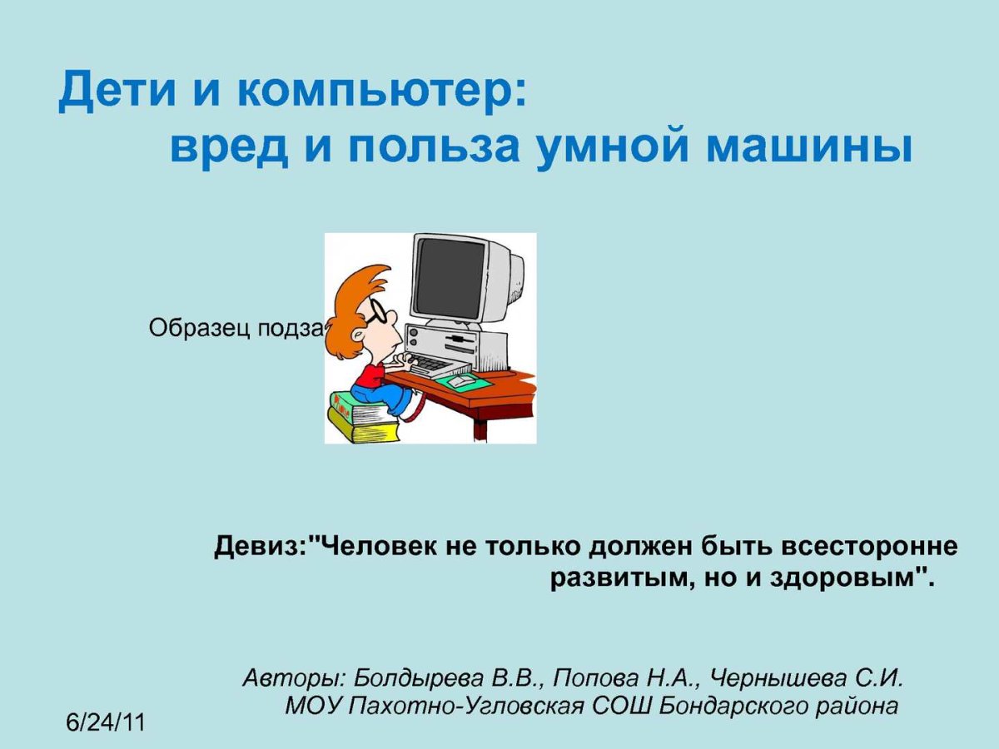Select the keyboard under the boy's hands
coord(430,364)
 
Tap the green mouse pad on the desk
coord(462,381)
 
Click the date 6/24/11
coord(106,722)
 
